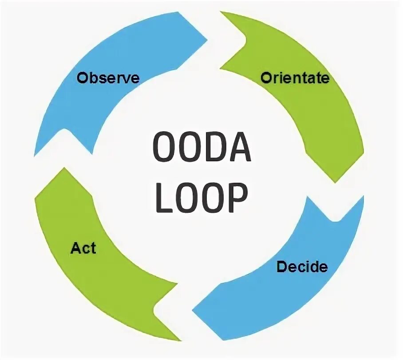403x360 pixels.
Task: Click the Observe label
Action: pos(108,78)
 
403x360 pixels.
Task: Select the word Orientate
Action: pos(295,78)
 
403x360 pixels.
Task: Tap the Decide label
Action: pos(302,267)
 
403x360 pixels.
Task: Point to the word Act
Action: pos(83,248)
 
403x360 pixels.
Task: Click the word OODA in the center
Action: pos(201,147)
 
